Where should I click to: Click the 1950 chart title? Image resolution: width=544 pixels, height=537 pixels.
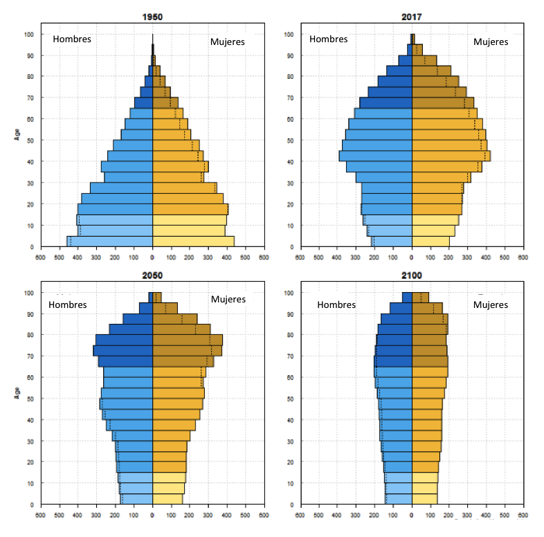[x=152, y=16]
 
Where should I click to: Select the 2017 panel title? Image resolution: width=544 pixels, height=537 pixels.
[x=412, y=16]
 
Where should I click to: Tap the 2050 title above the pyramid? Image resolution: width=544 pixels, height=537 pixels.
[x=152, y=275]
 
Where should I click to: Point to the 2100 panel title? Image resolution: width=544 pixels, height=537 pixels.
[x=412, y=275]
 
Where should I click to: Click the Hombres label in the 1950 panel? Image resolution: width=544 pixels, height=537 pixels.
[x=72, y=39]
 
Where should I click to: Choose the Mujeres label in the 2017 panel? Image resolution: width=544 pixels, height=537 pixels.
[x=491, y=42]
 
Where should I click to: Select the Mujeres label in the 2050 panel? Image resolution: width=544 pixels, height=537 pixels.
[x=228, y=299]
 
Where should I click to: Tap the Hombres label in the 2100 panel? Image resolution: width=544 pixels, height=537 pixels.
[x=336, y=304]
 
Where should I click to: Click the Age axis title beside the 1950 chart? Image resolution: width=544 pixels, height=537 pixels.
[x=17, y=132]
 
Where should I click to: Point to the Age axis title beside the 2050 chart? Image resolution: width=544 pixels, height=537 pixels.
[x=17, y=391]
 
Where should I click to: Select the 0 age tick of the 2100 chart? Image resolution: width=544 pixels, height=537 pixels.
[x=293, y=505]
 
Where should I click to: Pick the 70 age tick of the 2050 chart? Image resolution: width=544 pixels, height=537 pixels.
[x=31, y=356]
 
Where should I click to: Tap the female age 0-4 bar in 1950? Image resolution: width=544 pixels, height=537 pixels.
[x=193, y=242]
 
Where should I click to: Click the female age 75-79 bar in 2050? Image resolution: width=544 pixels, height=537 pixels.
[x=187, y=340]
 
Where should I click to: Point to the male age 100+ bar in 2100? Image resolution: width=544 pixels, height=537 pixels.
[x=407, y=298]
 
